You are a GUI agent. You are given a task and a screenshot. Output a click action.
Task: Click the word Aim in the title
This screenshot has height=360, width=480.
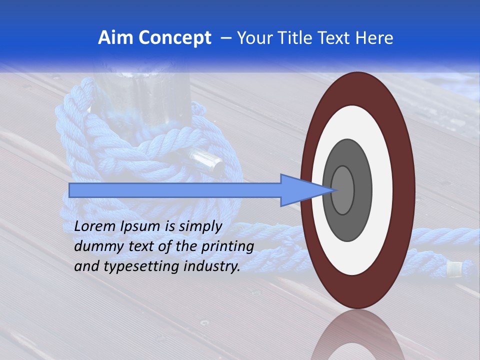114,38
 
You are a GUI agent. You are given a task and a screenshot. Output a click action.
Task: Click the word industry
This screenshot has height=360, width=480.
212,266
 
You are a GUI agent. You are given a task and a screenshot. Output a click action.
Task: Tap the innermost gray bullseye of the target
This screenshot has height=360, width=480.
343,190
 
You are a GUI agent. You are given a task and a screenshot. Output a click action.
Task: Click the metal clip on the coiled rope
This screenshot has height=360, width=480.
205,161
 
